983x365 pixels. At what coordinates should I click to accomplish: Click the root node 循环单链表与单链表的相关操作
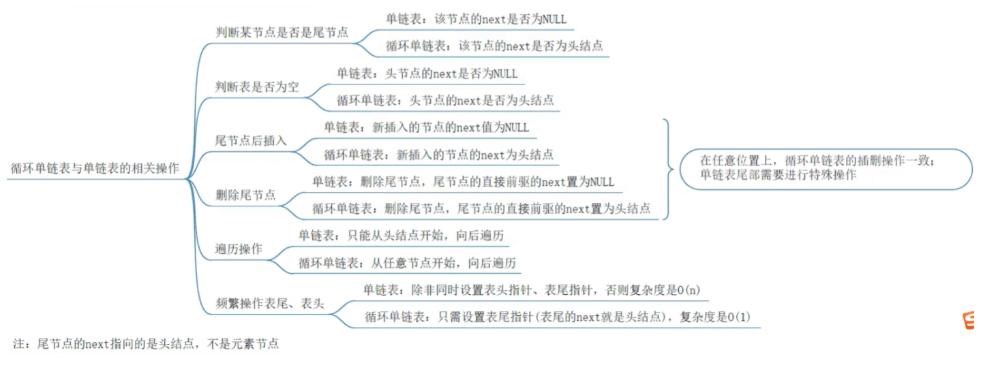click(95, 169)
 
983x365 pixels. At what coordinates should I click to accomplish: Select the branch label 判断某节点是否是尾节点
click(282, 32)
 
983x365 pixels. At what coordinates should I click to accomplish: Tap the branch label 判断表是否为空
click(257, 86)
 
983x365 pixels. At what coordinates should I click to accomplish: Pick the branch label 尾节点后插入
click(251, 140)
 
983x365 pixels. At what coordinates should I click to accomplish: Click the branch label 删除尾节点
click(245, 195)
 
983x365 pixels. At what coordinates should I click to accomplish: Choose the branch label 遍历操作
click(239, 249)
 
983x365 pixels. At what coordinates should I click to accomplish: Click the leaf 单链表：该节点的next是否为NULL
click(476, 19)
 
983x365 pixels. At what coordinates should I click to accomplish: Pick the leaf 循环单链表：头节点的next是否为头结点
click(445, 100)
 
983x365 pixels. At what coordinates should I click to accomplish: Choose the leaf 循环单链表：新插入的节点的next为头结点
click(439, 155)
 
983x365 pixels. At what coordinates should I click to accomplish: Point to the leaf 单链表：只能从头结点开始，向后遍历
click(402, 236)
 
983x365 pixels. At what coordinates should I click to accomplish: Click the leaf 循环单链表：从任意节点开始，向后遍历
click(407, 263)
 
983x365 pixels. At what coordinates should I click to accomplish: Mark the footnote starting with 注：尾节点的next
click(146, 343)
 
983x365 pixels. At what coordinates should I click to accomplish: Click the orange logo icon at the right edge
click(968, 320)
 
